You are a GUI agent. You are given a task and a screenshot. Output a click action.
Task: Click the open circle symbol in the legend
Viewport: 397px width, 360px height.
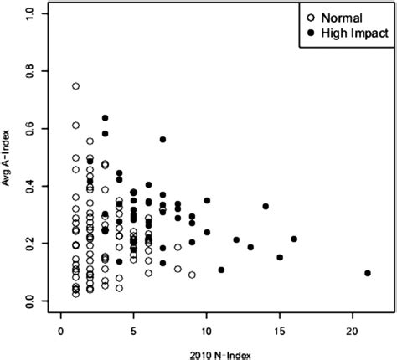[312, 16]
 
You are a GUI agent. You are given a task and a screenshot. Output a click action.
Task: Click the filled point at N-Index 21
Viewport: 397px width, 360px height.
[367, 273]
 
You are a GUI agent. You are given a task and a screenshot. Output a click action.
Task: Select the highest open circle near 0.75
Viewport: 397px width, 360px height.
[76, 86]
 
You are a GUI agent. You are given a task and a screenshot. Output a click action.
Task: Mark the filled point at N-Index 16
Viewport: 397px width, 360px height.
[294, 239]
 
